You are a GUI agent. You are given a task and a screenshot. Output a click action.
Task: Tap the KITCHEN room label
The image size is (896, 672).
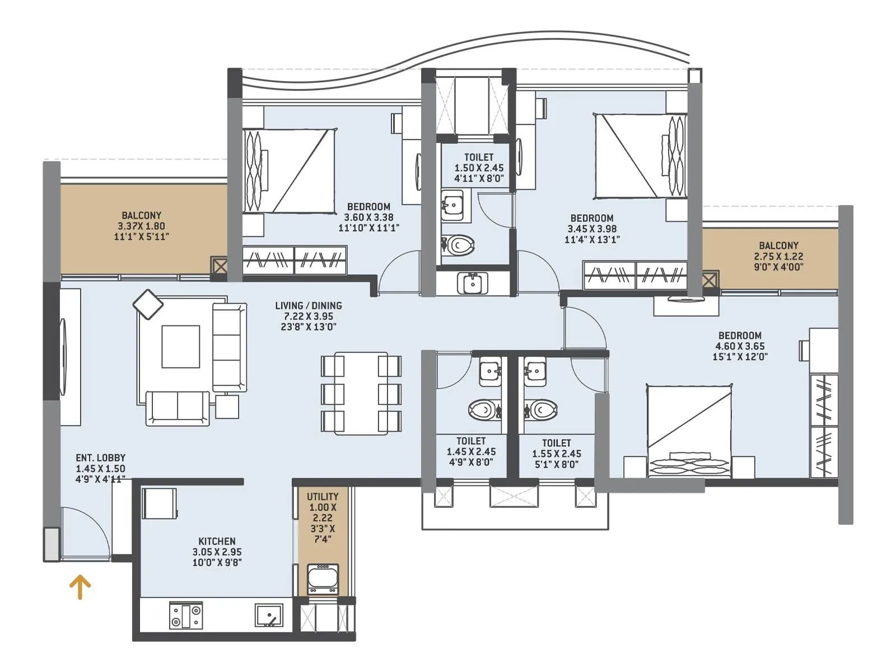[217, 541]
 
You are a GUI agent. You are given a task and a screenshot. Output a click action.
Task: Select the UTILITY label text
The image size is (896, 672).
[323, 497]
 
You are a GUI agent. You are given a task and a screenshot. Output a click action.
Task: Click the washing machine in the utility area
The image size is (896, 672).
[323, 578]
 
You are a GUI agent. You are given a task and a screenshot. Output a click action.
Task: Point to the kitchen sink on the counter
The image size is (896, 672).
[269, 615]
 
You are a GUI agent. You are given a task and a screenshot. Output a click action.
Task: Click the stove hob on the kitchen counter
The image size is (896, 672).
[186, 615]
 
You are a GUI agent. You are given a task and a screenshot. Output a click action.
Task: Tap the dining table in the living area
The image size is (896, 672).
[361, 393]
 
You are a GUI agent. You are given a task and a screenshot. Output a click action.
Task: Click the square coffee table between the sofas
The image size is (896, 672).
[180, 347]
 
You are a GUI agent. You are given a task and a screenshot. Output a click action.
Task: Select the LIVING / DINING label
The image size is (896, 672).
[308, 306]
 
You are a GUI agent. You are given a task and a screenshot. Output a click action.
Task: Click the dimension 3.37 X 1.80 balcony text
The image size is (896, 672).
[141, 226]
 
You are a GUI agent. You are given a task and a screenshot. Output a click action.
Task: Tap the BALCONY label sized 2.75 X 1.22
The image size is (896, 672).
[778, 245]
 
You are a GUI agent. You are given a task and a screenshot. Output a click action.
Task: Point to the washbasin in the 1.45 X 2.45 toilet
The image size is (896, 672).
[490, 372]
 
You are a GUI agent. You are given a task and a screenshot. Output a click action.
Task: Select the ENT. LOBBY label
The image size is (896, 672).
[101, 458]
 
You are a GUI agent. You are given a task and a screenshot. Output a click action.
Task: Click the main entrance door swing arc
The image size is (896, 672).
[90, 524]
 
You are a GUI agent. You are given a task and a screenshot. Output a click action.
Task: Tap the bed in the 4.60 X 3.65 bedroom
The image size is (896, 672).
[689, 431]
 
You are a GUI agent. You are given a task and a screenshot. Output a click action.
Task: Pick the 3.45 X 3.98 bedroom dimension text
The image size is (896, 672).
[592, 228]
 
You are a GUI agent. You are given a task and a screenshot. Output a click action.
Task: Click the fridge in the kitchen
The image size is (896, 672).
[159, 503]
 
